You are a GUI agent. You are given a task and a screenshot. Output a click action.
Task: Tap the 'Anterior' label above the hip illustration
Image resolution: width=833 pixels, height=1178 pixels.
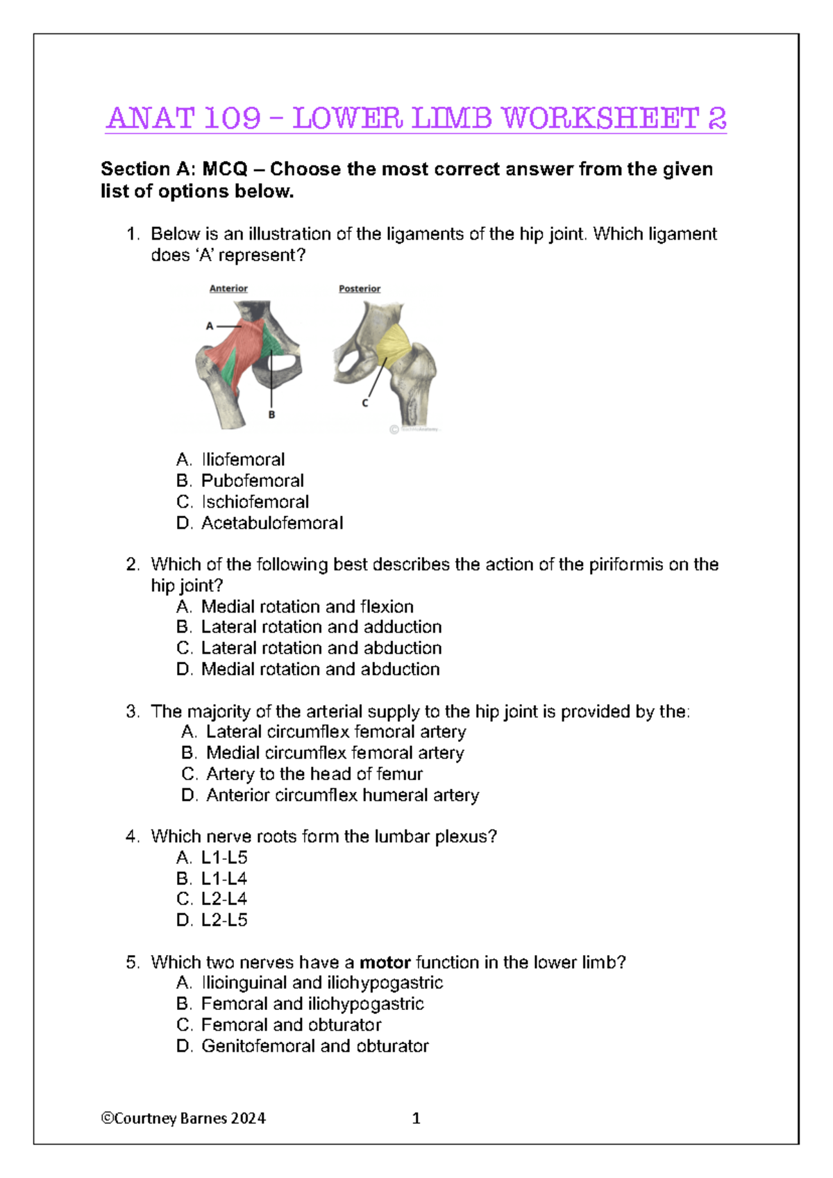pyautogui.click(x=228, y=288)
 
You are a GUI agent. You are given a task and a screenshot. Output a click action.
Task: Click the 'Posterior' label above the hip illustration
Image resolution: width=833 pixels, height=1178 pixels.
pyautogui.click(x=360, y=288)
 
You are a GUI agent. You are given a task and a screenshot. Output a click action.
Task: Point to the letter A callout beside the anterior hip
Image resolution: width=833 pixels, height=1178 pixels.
pyautogui.click(x=210, y=326)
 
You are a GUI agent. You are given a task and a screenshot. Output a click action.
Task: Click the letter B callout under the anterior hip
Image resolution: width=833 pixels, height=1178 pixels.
pyautogui.click(x=271, y=415)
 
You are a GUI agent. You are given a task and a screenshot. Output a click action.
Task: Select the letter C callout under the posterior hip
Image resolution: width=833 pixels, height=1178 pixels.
pyautogui.click(x=365, y=403)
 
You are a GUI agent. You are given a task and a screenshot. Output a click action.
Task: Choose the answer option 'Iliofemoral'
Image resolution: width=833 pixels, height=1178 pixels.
pyautogui.click(x=242, y=459)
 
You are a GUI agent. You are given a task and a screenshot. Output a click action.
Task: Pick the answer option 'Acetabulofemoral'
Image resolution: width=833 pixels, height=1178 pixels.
pyautogui.click(x=271, y=523)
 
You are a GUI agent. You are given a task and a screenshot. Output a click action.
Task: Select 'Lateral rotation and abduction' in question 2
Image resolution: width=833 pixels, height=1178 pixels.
pyautogui.click(x=321, y=648)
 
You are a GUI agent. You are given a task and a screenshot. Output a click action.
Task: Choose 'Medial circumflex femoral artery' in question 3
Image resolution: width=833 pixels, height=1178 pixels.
pyautogui.click(x=335, y=753)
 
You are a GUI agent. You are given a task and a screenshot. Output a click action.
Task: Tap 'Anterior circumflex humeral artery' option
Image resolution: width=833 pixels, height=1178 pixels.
pyautogui.click(x=342, y=795)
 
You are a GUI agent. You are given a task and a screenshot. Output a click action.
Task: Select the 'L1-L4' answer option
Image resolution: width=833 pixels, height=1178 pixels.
pyautogui.click(x=224, y=878)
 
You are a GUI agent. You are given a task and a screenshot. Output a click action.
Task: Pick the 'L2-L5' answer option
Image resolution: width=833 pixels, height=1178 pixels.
pyautogui.click(x=224, y=920)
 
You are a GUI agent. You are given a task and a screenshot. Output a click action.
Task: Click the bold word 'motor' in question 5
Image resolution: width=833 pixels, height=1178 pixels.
pyautogui.click(x=385, y=963)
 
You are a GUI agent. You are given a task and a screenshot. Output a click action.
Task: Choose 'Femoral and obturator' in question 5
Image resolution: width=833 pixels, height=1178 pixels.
pyautogui.click(x=291, y=1025)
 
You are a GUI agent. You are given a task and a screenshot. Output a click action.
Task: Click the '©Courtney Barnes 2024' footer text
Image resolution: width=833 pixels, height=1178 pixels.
pyautogui.click(x=183, y=1118)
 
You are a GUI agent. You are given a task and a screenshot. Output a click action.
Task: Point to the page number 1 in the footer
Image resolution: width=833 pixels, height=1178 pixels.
pyautogui.click(x=416, y=1118)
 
